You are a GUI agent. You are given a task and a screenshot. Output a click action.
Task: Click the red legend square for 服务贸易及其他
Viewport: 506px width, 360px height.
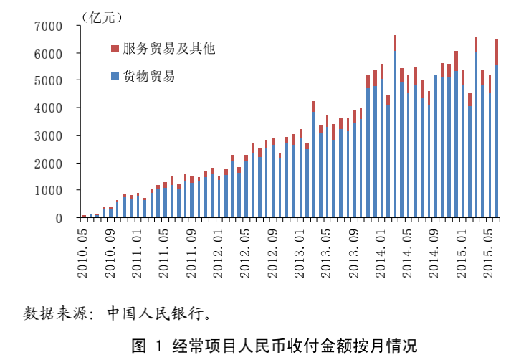pos(115,49)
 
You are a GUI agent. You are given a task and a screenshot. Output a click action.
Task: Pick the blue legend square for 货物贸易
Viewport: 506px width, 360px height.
pos(115,75)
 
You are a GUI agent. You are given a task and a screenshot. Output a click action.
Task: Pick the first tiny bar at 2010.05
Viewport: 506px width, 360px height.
pos(84,216)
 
